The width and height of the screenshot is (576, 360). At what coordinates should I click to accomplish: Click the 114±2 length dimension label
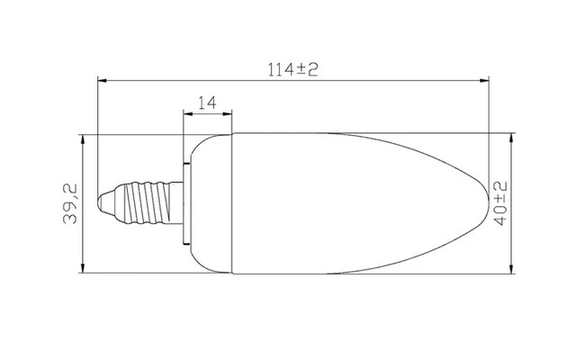tap(292, 69)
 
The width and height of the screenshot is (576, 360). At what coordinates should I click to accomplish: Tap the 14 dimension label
tap(208, 103)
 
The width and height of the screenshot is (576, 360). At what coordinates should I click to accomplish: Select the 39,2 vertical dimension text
tap(70, 203)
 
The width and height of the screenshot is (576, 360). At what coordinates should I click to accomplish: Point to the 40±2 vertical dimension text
tap(500, 203)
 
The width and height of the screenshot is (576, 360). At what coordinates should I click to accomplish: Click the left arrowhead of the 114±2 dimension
tap(102, 80)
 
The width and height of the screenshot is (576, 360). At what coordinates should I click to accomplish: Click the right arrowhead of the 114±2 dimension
tap(484, 80)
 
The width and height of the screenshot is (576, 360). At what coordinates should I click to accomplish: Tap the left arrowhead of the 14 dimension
tap(188, 114)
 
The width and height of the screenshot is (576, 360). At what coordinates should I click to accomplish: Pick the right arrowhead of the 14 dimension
tap(228, 114)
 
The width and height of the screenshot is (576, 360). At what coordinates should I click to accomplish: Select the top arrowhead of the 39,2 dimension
tap(83, 139)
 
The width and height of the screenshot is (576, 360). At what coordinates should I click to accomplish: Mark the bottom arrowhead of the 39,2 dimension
tap(83, 268)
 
